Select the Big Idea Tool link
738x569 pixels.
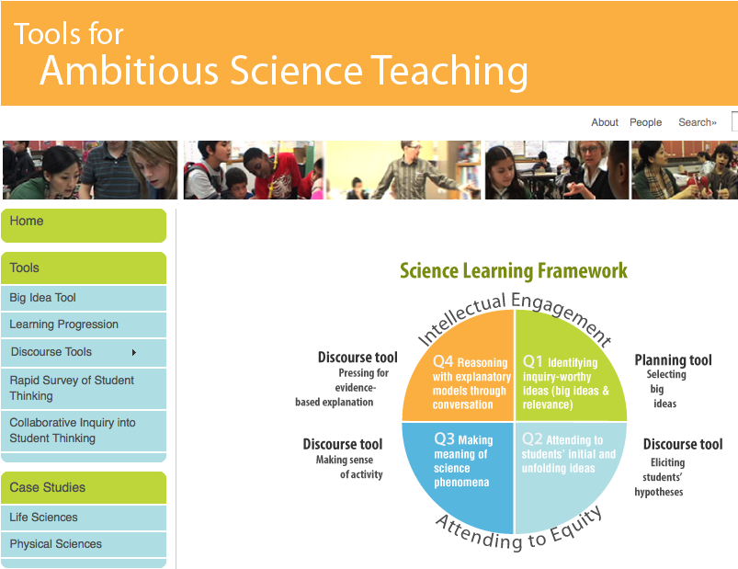click(x=43, y=298)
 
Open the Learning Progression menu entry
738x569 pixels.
click(x=64, y=324)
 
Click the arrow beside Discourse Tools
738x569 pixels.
click(x=134, y=352)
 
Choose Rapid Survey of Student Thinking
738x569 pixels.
click(x=72, y=388)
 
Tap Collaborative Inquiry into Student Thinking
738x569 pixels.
click(x=73, y=430)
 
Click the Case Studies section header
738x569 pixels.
click(x=48, y=487)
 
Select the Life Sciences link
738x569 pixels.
click(x=44, y=518)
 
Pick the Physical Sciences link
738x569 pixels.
click(x=56, y=544)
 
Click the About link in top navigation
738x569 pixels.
click(x=605, y=122)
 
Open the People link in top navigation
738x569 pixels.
click(x=645, y=122)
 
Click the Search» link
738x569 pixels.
click(x=697, y=122)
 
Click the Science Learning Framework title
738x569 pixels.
click(x=514, y=270)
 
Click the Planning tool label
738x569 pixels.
click(x=673, y=360)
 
